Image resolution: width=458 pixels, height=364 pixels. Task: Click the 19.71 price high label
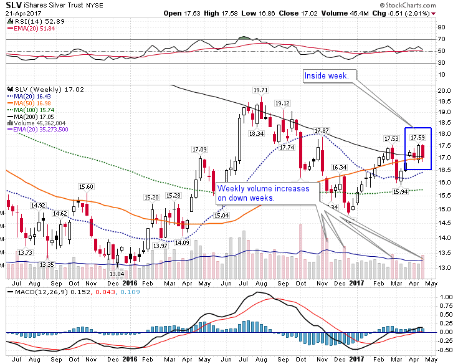260,90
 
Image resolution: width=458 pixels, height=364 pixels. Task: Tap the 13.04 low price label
117,274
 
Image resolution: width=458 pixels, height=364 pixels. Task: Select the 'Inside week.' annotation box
330,76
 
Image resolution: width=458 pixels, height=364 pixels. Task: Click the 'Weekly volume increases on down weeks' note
267,193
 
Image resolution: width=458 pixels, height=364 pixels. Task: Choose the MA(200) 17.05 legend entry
31,117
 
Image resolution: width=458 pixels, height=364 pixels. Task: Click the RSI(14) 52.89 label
36,21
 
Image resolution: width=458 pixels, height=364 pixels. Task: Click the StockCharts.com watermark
408,5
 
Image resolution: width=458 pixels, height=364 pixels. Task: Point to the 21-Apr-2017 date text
24,14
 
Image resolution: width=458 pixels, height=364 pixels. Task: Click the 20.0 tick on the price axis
444,90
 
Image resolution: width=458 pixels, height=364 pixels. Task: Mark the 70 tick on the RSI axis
441,39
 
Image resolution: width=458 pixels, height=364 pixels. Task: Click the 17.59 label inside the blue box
417,137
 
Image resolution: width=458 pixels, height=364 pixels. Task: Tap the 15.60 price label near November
86,186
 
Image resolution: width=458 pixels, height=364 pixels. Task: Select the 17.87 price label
322,130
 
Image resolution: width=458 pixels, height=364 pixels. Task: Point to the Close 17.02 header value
298,14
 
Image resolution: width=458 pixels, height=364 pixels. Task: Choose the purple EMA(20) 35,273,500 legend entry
37,130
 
